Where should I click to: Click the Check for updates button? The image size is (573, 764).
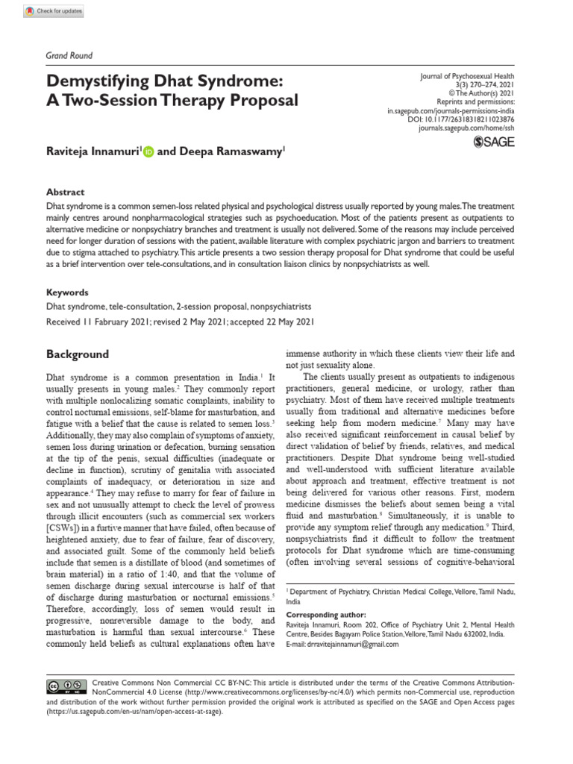[54, 11]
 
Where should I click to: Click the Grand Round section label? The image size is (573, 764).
[69, 55]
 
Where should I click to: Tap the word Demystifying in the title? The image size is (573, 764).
[100, 80]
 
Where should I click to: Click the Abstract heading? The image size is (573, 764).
[66, 192]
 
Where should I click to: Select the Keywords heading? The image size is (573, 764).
[68, 292]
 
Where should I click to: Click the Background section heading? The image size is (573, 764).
[78, 354]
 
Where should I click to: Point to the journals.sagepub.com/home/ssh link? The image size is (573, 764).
[466, 128]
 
